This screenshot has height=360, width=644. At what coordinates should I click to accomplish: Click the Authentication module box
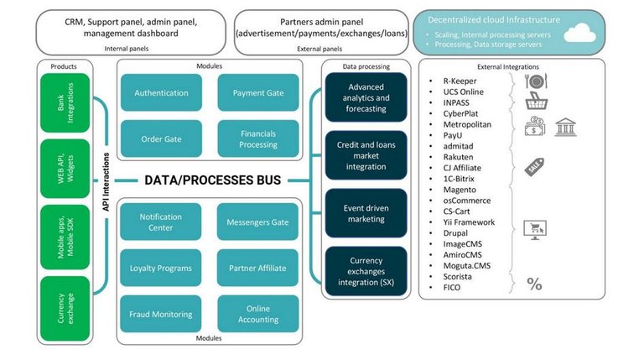161,92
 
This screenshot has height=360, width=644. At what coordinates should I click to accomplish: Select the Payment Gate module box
258,92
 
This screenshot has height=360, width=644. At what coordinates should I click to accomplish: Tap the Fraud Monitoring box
161,314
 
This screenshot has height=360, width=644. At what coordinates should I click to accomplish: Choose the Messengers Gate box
257,222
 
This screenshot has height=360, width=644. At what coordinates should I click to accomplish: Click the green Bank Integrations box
65,102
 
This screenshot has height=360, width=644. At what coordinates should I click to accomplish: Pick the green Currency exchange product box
65,309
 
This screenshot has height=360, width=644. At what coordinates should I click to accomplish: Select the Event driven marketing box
366,213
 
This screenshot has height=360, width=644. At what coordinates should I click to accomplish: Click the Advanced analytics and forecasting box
366,97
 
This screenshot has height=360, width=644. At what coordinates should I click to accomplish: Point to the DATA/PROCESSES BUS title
213,180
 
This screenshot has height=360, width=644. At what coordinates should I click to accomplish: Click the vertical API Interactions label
106,181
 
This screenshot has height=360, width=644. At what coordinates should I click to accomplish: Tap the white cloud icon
579,33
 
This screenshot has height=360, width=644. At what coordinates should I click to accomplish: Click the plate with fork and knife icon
536,81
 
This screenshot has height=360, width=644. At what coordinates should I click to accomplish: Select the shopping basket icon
537,101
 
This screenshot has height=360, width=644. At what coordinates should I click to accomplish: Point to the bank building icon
565,127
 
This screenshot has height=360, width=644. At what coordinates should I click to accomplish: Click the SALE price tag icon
534,167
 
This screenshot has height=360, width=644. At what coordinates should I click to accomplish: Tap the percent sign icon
534,284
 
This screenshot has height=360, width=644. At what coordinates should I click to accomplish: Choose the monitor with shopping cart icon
535,230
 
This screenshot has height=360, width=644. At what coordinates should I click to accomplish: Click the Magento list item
460,190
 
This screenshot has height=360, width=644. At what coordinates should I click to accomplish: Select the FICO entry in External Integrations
452,288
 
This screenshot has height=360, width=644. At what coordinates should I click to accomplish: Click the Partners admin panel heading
322,22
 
